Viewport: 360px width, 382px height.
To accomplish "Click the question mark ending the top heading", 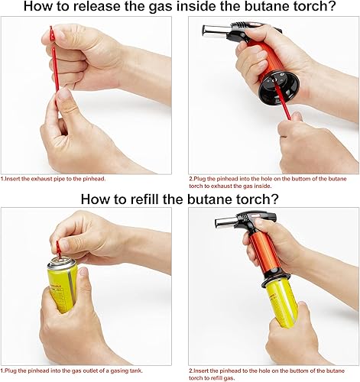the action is [331, 6].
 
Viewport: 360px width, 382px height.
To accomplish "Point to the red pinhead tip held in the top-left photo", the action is [52, 33].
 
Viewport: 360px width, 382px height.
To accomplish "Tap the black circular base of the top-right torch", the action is [278, 88].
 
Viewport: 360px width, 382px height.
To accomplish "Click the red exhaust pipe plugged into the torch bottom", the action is [283, 102].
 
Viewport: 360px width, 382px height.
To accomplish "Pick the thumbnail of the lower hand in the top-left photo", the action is [64, 94].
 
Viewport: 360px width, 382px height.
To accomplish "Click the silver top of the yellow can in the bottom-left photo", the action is [63, 263].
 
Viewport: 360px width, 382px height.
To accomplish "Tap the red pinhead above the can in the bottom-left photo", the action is [59, 248].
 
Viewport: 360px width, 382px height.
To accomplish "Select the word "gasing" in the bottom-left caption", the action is [118, 371].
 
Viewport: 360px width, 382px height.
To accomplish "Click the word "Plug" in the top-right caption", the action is [200, 179].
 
